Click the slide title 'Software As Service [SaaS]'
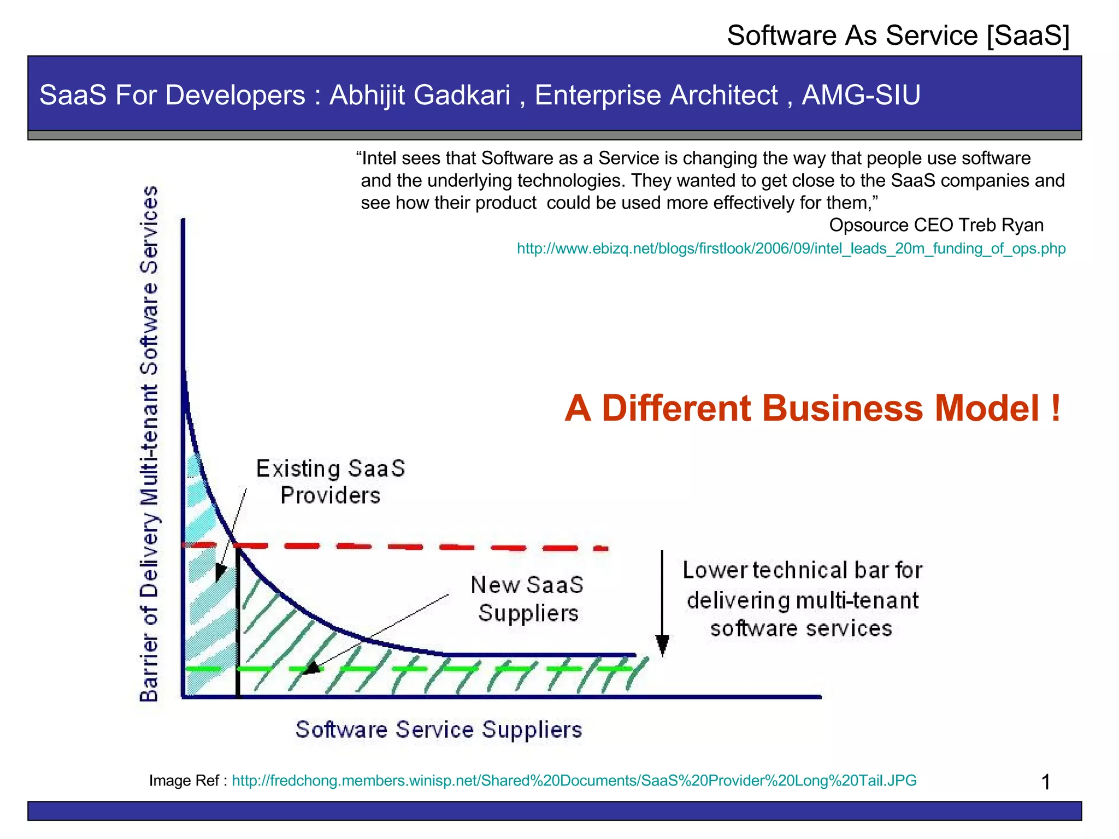click(x=898, y=36)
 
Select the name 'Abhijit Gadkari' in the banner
click(x=420, y=95)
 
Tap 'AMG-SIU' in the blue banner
click(x=861, y=95)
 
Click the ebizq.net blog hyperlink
click(x=791, y=249)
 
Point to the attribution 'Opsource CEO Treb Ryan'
click(x=936, y=225)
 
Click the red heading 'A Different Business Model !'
click(x=812, y=409)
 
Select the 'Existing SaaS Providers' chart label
click(x=331, y=482)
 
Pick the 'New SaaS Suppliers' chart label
click(x=527, y=599)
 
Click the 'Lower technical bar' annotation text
click(x=802, y=599)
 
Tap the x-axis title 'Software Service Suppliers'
click(x=439, y=730)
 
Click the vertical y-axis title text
click(x=149, y=444)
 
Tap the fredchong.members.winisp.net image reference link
click(x=574, y=781)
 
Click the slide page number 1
click(x=1046, y=782)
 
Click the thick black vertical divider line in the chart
click(x=238, y=623)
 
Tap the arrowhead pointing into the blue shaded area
click(x=220, y=573)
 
